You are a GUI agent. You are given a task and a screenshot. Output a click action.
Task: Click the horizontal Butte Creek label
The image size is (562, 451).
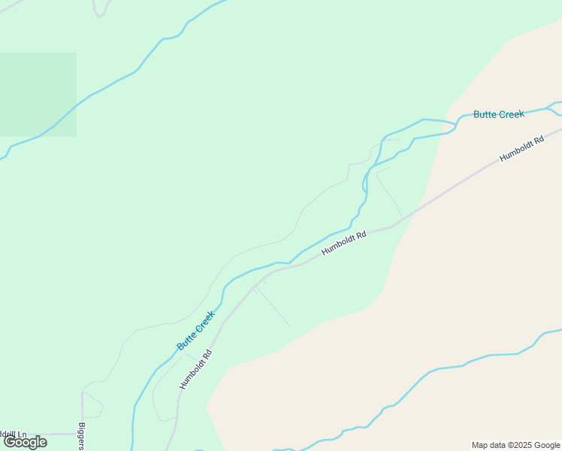point(498,114)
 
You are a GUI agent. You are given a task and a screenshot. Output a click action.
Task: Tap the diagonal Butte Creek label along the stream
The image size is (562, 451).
point(196,331)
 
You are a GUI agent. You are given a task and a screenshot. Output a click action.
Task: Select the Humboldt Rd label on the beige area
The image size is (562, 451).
point(521,148)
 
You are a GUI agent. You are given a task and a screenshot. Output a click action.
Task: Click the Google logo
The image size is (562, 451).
point(25,442)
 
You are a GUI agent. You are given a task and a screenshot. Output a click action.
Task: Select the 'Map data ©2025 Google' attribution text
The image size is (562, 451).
point(515,445)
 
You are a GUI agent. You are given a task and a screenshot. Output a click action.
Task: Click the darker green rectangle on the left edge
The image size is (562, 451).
point(38,94)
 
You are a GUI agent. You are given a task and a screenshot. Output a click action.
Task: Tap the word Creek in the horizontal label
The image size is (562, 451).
point(511,114)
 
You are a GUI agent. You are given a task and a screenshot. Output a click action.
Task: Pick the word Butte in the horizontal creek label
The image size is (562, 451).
point(485,115)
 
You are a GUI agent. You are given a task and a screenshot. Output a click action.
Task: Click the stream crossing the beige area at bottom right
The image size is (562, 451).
point(451,368)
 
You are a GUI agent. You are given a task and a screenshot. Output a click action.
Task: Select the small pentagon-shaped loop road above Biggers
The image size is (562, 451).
point(92,406)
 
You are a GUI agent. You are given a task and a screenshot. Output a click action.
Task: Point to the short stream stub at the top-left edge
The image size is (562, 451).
point(98,9)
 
